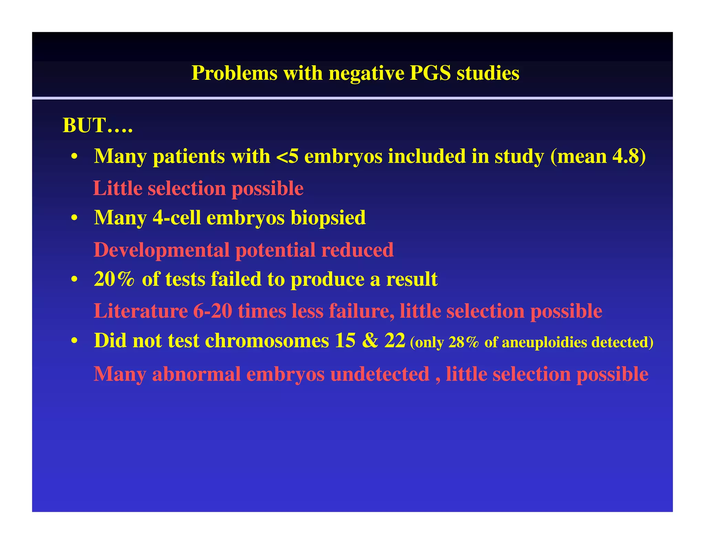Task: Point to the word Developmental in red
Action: pos(161,250)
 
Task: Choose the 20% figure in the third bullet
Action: pos(114,279)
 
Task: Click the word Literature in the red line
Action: pos(141,311)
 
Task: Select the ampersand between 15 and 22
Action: pos(370,340)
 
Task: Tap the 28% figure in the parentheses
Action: pos(463,342)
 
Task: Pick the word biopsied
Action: pos(328,218)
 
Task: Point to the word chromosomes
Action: pos(267,340)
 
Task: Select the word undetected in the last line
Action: pos(380,374)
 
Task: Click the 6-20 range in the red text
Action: pos(212,311)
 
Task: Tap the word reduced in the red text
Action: pos(357,250)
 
